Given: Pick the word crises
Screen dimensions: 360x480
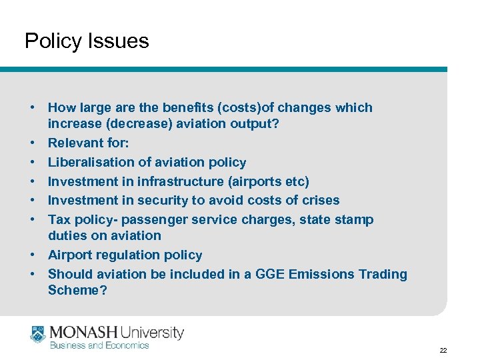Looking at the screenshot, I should (319, 200).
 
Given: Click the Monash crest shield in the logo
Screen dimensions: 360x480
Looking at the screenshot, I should (37, 333).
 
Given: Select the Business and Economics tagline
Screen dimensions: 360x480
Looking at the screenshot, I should (100, 345).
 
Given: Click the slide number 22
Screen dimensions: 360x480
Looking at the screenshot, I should (443, 350).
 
